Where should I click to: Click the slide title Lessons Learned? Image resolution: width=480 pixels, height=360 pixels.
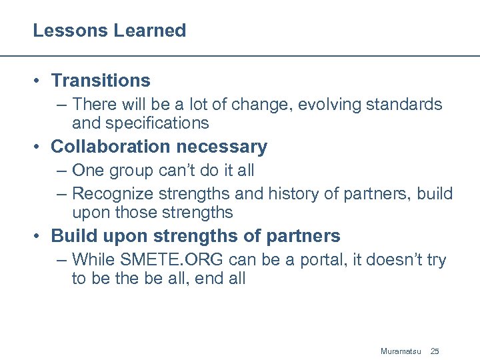tap(109, 31)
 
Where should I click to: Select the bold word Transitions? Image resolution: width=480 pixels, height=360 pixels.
tap(101, 81)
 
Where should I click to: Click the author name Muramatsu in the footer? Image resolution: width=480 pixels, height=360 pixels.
tap(401, 351)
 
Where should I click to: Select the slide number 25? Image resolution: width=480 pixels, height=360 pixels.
tap(435, 351)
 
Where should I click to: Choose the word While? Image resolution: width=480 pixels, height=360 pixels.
tap(93, 259)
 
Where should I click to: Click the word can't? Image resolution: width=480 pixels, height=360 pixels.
tap(180, 171)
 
